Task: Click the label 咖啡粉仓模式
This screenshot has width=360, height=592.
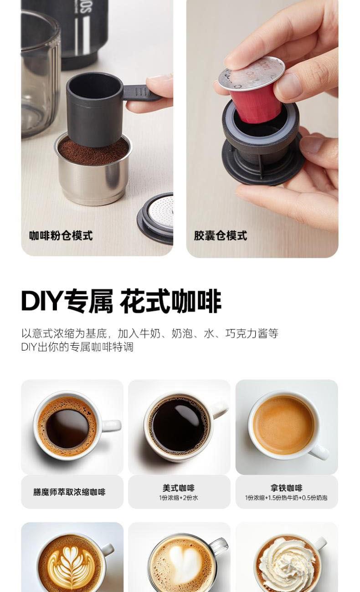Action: [x=61, y=235]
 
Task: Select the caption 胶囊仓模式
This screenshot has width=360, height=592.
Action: [x=221, y=235]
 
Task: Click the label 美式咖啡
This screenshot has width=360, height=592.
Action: [x=179, y=488]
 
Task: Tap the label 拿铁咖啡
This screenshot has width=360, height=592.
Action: [x=287, y=488]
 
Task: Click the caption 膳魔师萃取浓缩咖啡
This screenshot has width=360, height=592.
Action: [x=69, y=492]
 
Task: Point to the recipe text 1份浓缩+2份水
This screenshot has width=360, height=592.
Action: [x=179, y=498]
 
